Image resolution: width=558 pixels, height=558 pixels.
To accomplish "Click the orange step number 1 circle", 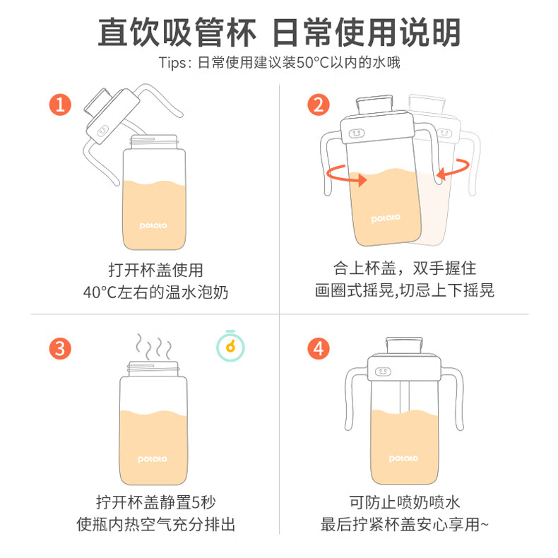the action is [x=60, y=105].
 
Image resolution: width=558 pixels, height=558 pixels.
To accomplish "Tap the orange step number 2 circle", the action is [x=319, y=105].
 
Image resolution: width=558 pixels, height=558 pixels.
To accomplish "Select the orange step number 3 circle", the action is [x=60, y=348].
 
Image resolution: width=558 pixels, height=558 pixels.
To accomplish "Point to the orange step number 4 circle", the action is [x=319, y=348].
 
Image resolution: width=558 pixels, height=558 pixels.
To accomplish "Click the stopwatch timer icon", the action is [x=230, y=346].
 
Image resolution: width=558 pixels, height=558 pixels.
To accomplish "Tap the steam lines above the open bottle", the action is [x=153, y=347].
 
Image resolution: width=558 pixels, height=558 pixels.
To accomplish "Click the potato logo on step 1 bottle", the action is [x=153, y=225].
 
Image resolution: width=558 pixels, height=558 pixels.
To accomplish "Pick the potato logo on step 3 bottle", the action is [x=153, y=459].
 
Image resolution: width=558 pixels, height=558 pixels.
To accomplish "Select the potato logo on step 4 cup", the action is [x=403, y=458].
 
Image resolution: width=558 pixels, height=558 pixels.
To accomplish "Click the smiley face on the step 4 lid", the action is [x=383, y=372].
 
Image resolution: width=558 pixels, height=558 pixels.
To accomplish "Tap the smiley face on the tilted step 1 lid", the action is [x=102, y=131].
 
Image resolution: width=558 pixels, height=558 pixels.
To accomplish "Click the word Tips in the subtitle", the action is [x=172, y=63].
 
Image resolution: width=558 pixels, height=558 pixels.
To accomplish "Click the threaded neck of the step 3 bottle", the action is [x=153, y=369].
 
